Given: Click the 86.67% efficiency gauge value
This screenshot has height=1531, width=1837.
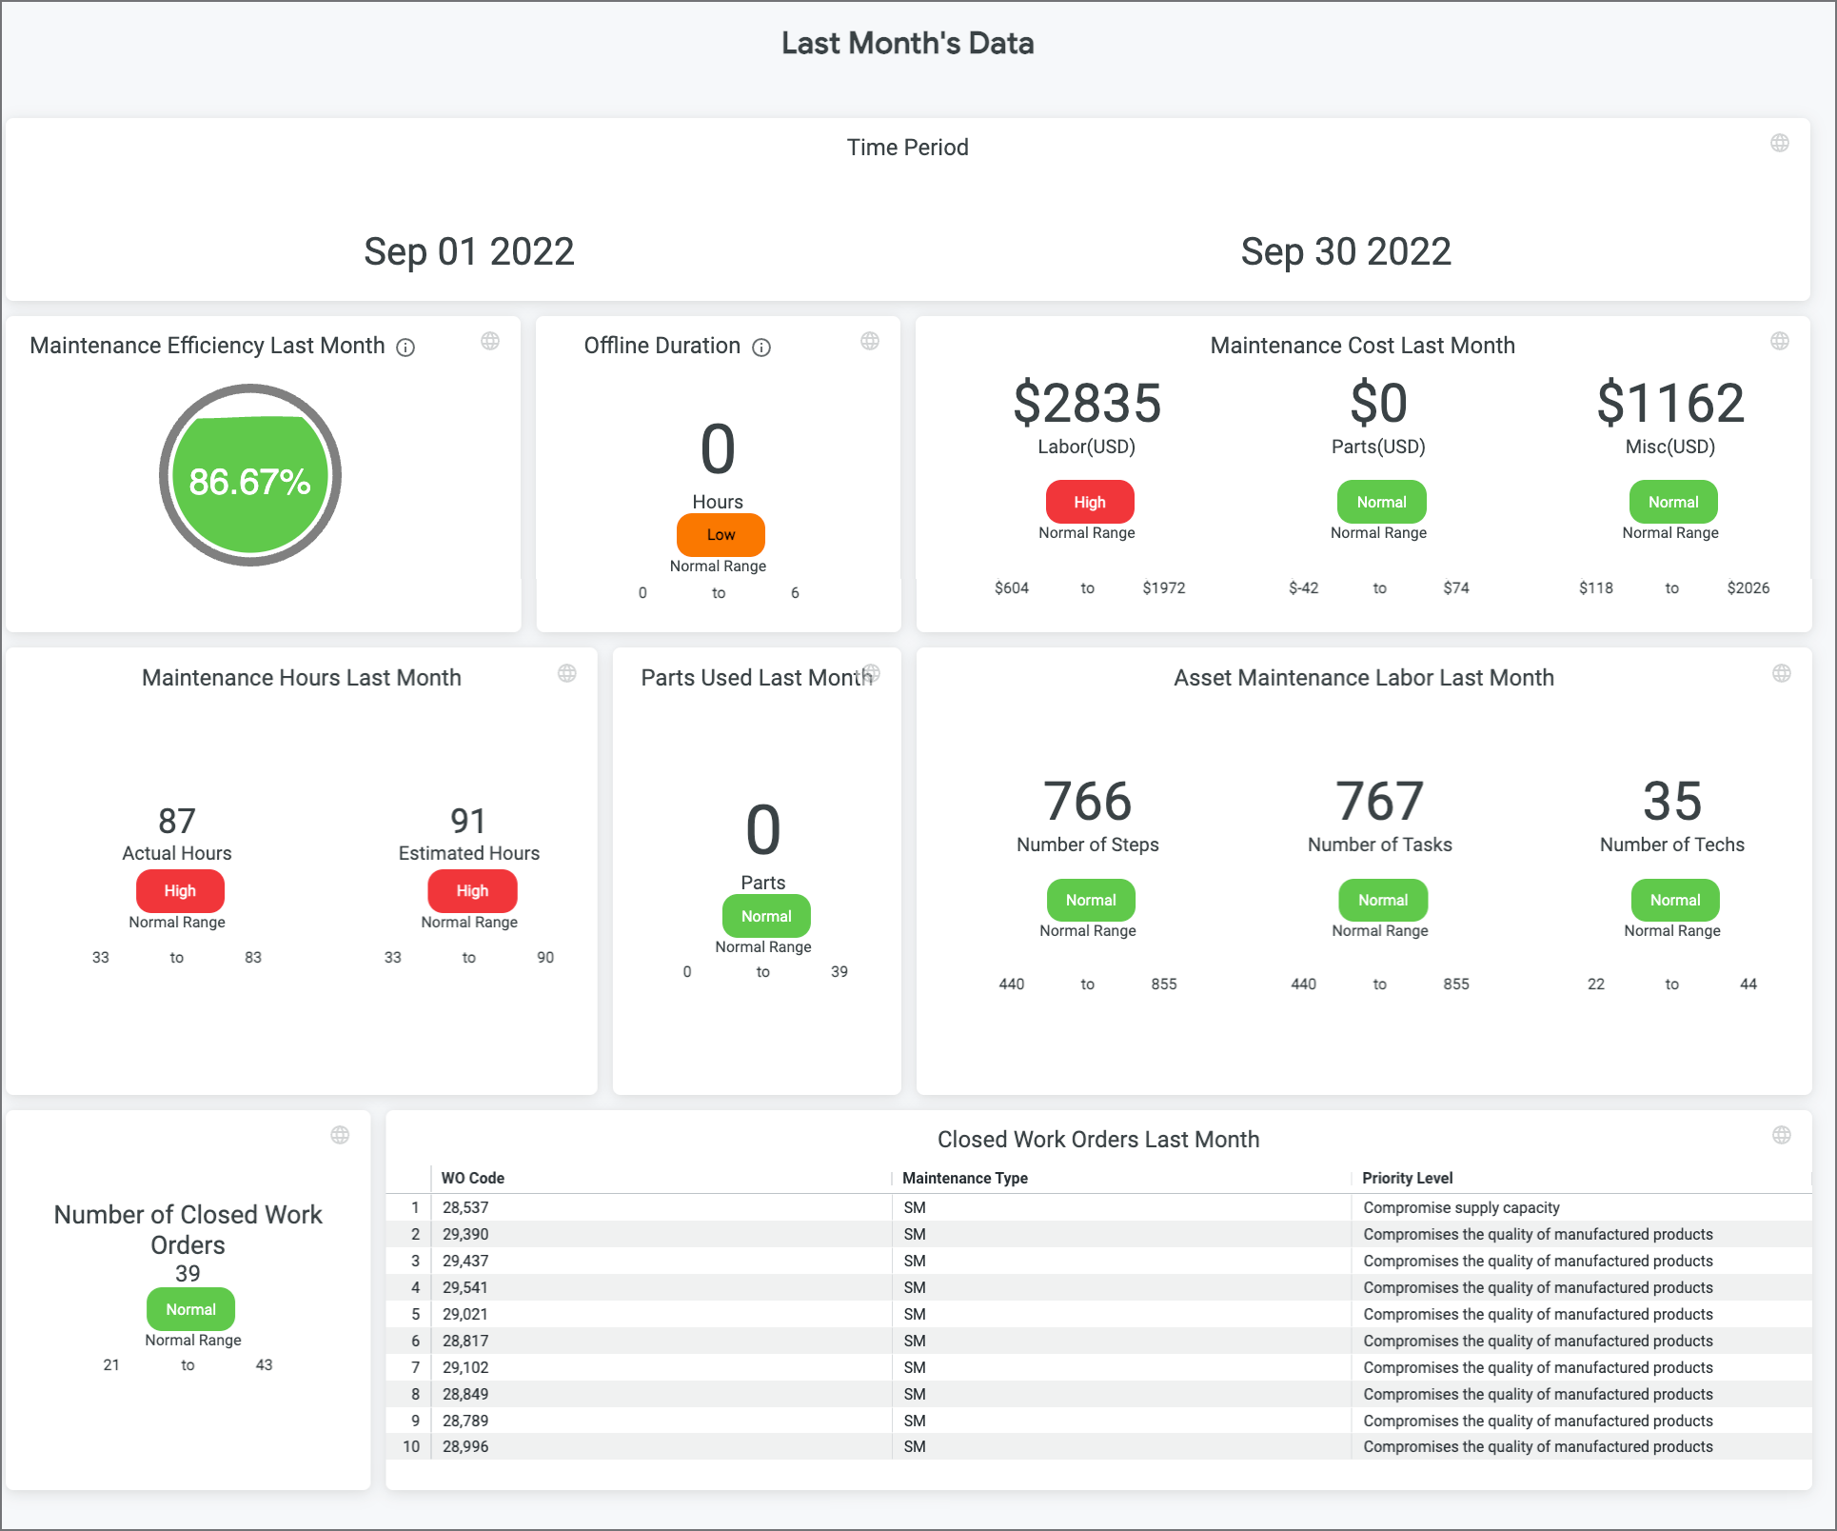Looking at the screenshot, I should pyautogui.click(x=249, y=482).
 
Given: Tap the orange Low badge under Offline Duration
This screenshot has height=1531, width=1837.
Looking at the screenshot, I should pyautogui.click(x=721, y=535).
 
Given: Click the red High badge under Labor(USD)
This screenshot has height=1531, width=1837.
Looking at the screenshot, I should pyautogui.click(x=1089, y=502).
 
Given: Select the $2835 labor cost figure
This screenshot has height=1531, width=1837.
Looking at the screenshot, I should pyautogui.click(x=1087, y=403).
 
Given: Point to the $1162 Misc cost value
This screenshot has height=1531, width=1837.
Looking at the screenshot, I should pyautogui.click(x=1670, y=403).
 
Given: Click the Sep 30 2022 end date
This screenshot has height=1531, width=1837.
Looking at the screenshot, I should pyautogui.click(x=1345, y=252).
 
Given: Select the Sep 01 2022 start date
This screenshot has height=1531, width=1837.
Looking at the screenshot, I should pyautogui.click(x=469, y=252).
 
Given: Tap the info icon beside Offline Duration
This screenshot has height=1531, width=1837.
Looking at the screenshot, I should pyautogui.click(x=761, y=348).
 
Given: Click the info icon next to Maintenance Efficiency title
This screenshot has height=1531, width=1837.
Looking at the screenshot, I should pyautogui.click(x=405, y=348).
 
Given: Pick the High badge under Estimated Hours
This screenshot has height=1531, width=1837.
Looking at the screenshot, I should pyautogui.click(x=472, y=891).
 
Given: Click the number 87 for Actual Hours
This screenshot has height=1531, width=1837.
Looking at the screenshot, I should pyautogui.click(x=177, y=821).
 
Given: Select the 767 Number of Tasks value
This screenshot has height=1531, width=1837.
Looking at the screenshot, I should pyautogui.click(x=1379, y=802).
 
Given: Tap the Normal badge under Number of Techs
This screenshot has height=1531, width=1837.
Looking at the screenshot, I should pyautogui.click(x=1674, y=900).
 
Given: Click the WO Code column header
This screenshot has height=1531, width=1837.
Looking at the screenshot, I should pyautogui.click(x=473, y=1178).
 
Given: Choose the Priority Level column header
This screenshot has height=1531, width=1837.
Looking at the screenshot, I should pyautogui.click(x=1407, y=1178).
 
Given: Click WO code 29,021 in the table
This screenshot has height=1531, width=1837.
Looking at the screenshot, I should pyautogui.click(x=465, y=1314).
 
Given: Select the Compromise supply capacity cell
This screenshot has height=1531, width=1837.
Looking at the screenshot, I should pyautogui.click(x=1461, y=1207).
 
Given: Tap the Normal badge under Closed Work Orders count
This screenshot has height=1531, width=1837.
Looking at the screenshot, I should pyautogui.click(x=190, y=1309).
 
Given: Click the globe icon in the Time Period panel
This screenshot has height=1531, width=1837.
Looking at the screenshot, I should pyautogui.click(x=1779, y=143).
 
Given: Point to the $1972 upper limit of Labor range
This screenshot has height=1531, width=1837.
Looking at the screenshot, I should pyautogui.click(x=1163, y=588).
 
